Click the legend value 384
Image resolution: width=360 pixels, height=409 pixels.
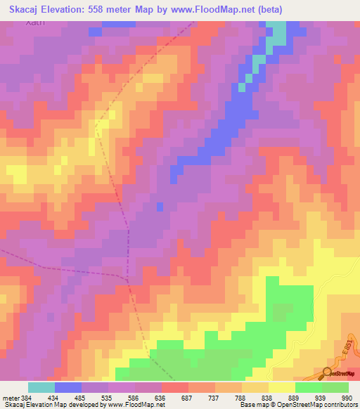pos(27,398)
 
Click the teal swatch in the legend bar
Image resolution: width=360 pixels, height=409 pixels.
pos(41,387)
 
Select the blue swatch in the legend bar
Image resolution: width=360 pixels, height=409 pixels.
pos(68,387)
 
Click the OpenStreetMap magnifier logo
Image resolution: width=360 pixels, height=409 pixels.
pos(328,372)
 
